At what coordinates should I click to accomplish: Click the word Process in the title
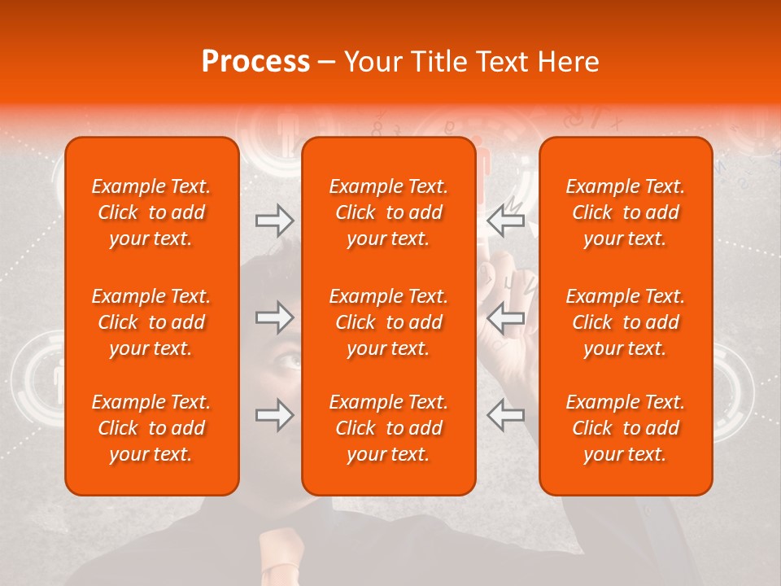click(255, 62)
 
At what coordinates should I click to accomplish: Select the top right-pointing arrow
click(274, 221)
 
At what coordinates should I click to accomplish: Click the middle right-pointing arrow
click(274, 317)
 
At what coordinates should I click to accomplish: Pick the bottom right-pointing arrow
click(274, 415)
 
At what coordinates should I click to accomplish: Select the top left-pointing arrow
click(505, 221)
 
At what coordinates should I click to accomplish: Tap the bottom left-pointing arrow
click(505, 415)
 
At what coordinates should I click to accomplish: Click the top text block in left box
click(151, 212)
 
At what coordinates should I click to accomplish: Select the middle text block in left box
click(151, 322)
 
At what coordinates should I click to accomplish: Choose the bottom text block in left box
click(151, 428)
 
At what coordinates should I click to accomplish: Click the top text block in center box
click(389, 212)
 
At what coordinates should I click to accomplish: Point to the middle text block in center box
click(389, 322)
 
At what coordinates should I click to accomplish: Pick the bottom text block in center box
click(389, 428)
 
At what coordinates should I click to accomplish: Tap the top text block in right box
click(626, 212)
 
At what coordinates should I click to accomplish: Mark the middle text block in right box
click(626, 322)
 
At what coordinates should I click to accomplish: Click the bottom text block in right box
click(626, 428)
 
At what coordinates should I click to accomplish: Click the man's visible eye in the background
click(286, 357)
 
